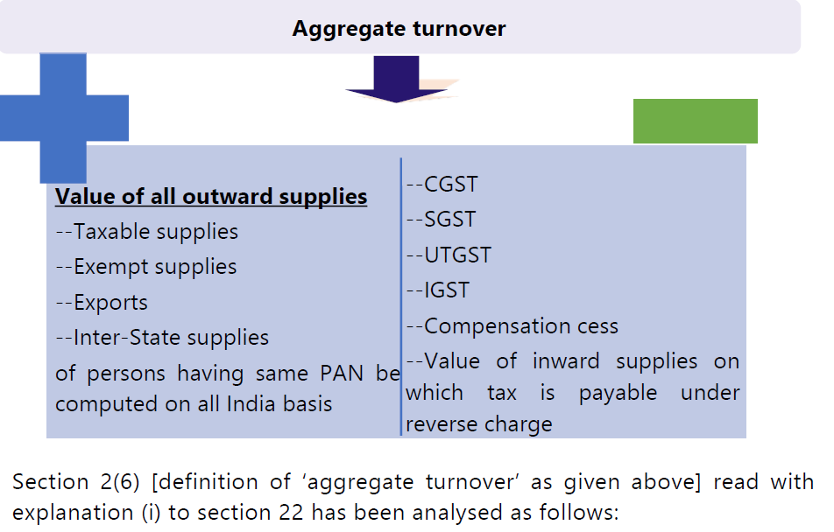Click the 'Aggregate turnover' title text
pyautogui.click(x=399, y=29)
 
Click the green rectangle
pyautogui.click(x=695, y=121)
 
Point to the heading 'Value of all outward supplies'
pyautogui.click(x=211, y=196)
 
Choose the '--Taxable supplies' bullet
pyautogui.click(x=146, y=232)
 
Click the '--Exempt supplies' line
pyautogui.click(x=145, y=267)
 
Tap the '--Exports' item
pyautogui.click(x=102, y=303)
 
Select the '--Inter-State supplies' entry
pyautogui.click(x=162, y=338)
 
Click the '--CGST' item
pyautogui.click(x=442, y=185)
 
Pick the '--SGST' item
pyautogui.click(x=441, y=220)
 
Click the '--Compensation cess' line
pyautogui.click(x=512, y=326)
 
